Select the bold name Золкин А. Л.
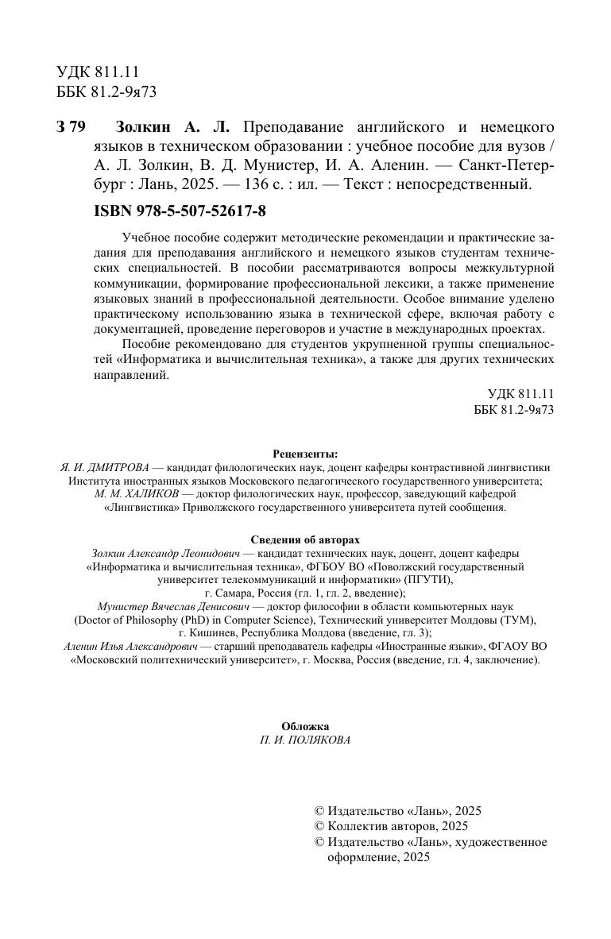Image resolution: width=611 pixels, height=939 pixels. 172,128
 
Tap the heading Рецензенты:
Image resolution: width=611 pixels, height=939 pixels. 305,454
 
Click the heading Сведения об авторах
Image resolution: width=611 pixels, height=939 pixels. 305,539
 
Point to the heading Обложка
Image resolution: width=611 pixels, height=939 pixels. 305,726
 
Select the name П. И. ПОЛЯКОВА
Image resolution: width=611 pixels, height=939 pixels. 305,740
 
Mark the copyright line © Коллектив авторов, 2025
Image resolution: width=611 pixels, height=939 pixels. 392,826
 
